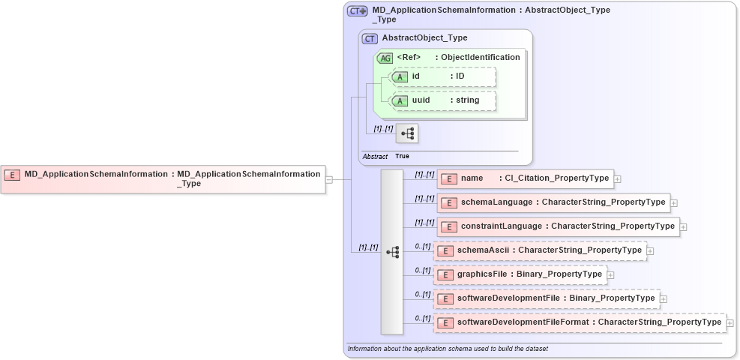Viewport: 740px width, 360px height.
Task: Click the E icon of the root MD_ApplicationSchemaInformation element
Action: (x=12, y=175)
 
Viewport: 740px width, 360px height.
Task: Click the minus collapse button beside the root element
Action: (x=328, y=179)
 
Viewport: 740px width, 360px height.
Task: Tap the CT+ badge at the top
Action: (x=358, y=11)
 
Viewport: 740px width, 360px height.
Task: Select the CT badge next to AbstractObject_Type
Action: (x=370, y=38)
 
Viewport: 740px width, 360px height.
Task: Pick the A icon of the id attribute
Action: (x=400, y=76)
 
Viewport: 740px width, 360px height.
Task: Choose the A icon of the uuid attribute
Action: (x=400, y=100)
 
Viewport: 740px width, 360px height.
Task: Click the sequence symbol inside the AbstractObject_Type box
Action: (x=407, y=134)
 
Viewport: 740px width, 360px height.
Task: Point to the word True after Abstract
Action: (x=403, y=157)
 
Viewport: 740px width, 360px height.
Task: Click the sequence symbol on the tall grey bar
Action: (x=392, y=252)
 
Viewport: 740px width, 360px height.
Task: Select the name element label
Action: (x=472, y=178)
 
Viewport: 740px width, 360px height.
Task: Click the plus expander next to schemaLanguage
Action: (x=673, y=203)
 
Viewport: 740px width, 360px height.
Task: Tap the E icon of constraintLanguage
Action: (x=448, y=226)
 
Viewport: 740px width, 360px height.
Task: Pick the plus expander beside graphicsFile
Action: (x=610, y=275)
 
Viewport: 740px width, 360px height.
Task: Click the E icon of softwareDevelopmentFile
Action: (x=445, y=299)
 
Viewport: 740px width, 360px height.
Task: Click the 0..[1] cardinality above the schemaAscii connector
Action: (x=422, y=246)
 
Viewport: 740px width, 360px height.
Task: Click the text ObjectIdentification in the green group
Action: (x=480, y=58)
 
